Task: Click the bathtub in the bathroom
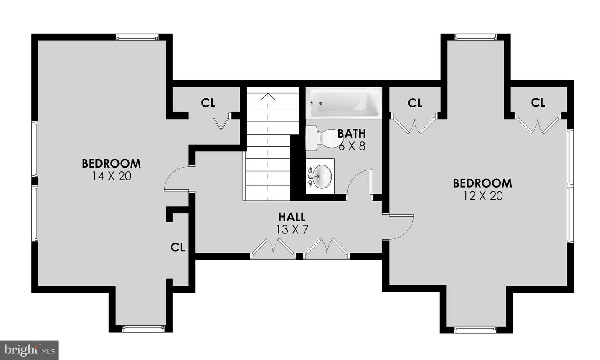click(x=344, y=103)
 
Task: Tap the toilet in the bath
click(x=321, y=138)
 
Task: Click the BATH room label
click(x=351, y=133)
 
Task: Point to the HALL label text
click(x=292, y=217)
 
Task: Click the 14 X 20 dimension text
click(x=112, y=176)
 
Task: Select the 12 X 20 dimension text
click(x=483, y=196)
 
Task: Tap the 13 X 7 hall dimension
click(x=292, y=229)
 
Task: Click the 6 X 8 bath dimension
click(x=352, y=146)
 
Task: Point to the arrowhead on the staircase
click(x=268, y=96)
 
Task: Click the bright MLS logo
click(x=29, y=350)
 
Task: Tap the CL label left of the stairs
click(x=208, y=103)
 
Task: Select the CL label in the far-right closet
click(x=538, y=102)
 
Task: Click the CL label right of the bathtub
click(x=415, y=103)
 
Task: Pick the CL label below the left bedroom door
click(x=178, y=247)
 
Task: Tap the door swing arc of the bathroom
click(x=354, y=177)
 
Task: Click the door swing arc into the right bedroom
click(x=407, y=232)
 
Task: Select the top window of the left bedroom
click(x=137, y=37)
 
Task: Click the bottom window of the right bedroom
click(x=475, y=330)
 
